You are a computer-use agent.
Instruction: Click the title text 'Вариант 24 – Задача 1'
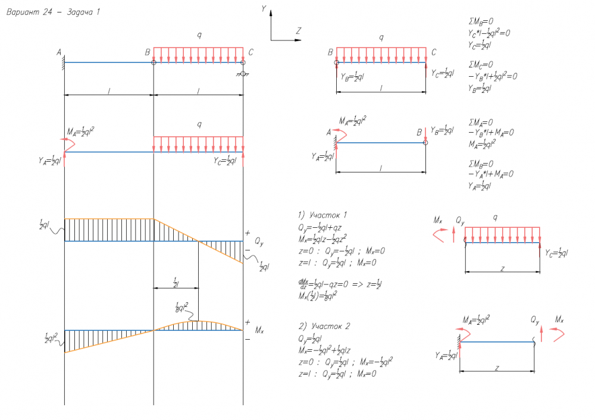click(x=52, y=12)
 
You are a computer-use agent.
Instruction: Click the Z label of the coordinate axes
click(x=299, y=30)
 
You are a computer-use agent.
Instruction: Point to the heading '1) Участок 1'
click(x=322, y=214)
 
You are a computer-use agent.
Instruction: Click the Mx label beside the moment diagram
click(x=258, y=330)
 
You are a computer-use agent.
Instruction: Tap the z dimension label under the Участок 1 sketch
click(x=503, y=269)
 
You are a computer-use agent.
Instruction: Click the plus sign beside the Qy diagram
click(x=248, y=234)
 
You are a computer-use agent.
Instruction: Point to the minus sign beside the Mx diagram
click(x=248, y=339)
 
